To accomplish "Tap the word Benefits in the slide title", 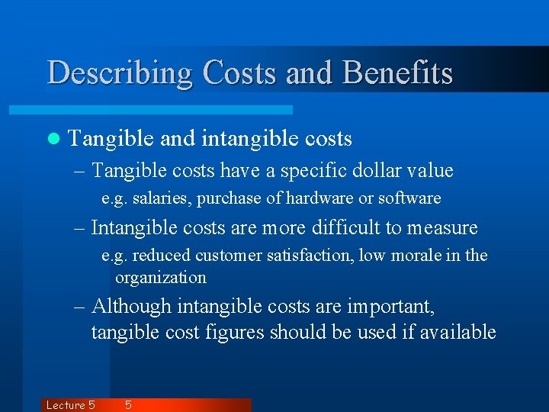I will pos(398,73).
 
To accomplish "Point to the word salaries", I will pos(161,198).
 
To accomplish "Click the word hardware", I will pos(316,198).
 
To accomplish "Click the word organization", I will pos(161,277).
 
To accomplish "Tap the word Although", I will pos(131,307).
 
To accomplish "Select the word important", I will pos(390,307).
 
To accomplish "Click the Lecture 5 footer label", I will pos(70,405).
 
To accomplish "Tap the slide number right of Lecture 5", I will pos(128,405).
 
